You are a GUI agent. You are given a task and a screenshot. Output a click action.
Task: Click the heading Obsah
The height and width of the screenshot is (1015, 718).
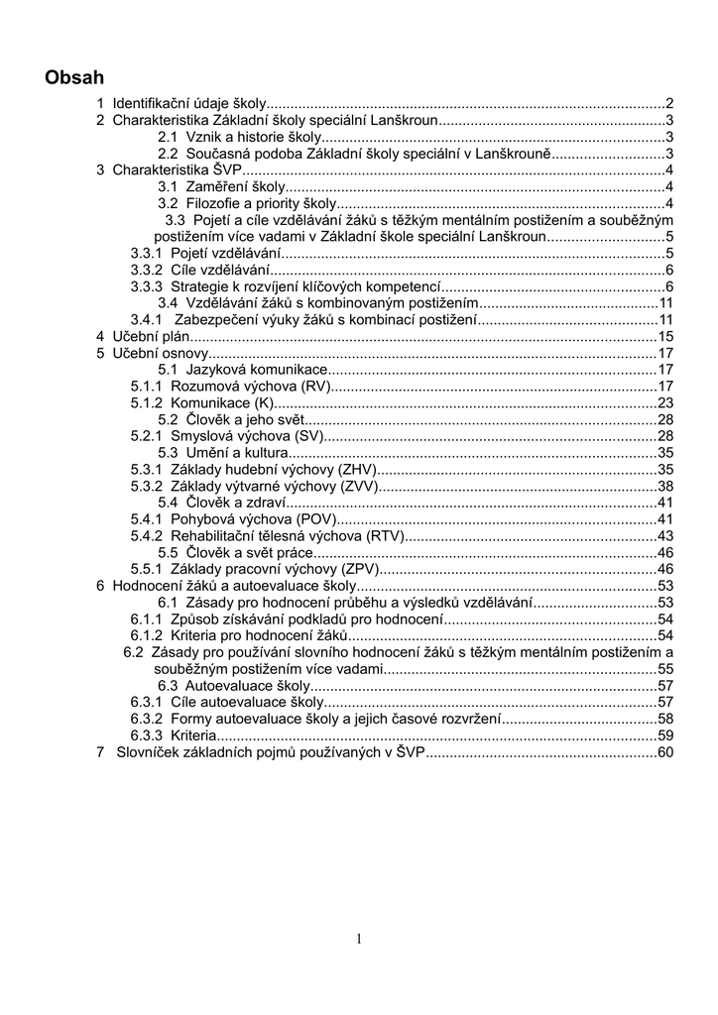[74, 77]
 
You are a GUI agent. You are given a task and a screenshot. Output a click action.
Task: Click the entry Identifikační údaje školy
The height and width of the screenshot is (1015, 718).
[188, 103]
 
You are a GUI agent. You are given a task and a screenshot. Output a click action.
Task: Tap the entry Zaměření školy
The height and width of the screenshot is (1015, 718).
[235, 186]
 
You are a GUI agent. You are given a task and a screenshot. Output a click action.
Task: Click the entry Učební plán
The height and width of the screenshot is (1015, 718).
[149, 337]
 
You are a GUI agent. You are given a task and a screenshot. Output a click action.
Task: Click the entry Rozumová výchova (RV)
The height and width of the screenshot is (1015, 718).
[249, 387]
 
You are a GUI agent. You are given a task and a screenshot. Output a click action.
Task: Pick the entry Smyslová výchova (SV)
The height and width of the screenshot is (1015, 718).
[247, 436]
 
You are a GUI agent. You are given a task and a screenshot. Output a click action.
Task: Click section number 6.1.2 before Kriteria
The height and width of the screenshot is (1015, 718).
[147, 635]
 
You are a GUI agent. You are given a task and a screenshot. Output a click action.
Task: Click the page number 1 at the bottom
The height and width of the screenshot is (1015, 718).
[359, 940]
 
